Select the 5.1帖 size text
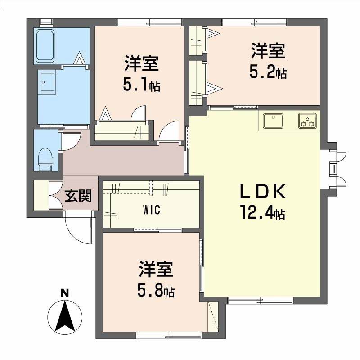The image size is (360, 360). pyautogui.click(x=141, y=85)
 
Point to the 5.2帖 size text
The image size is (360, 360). pyautogui.click(x=268, y=72)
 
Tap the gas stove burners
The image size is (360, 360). pyautogui.click(x=307, y=121)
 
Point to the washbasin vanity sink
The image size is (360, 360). pyautogui.click(x=47, y=81)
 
